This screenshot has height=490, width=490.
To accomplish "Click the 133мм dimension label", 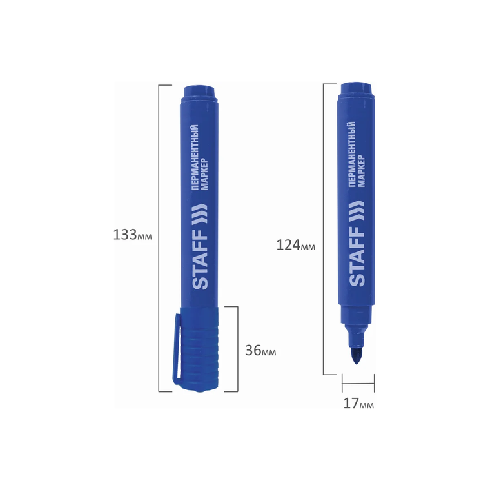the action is click(x=133, y=235).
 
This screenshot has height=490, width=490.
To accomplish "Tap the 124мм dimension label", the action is click(x=296, y=245).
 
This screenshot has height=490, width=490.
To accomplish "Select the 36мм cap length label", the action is click(x=260, y=351).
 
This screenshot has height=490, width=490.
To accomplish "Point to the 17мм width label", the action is click(x=358, y=404).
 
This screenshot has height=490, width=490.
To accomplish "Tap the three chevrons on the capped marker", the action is click(x=201, y=214).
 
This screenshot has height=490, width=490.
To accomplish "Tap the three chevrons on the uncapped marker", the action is click(x=357, y=211).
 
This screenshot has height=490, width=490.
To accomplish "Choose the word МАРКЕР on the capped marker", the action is click(x=204, y=174).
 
